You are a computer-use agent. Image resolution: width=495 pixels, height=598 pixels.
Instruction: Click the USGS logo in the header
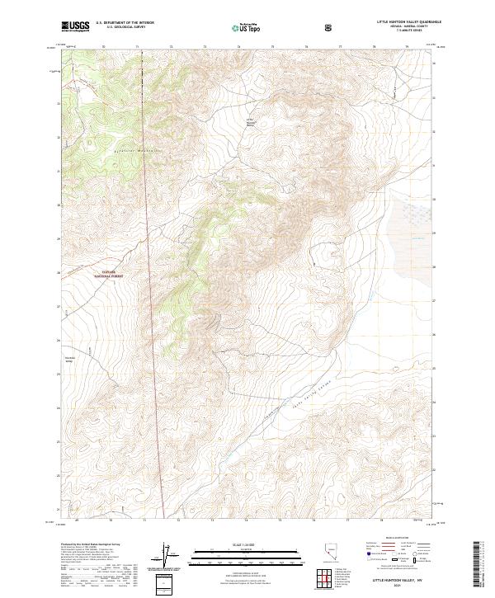(75, 26)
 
